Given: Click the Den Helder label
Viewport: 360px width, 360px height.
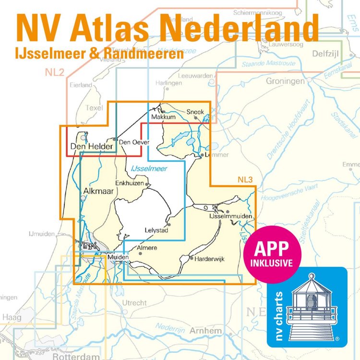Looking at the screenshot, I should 91,147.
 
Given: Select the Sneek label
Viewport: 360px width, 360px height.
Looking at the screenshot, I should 195,112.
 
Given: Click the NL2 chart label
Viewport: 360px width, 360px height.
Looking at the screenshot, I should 55,72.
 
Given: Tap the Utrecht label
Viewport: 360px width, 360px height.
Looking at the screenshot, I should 134,303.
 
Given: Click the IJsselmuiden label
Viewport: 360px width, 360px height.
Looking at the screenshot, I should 231,217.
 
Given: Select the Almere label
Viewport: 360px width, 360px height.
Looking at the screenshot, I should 147,248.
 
